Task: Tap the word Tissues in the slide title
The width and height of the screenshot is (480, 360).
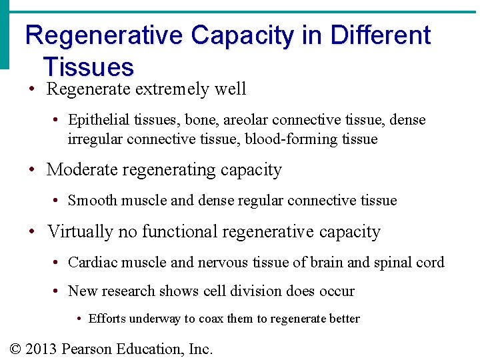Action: click(88, 67)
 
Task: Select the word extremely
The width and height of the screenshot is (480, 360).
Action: click(173, 89)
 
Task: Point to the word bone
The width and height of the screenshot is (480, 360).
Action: click(201, 120)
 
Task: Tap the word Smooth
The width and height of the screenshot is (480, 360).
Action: click(91, 201)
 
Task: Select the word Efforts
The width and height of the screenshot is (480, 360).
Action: click(107, 319)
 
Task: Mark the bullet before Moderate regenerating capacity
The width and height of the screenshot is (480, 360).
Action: click(31, 171)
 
